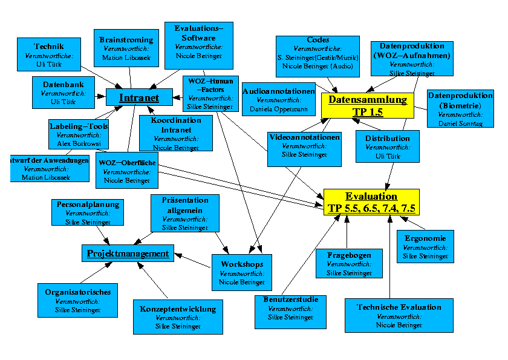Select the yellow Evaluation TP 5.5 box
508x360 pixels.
pos(371,202)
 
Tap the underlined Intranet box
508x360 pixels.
pos(139,97)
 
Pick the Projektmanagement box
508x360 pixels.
pos(128,254)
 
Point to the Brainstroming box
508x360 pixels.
pos(126,49)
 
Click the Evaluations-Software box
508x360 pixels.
pos(198,42)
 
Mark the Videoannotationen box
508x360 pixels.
pos(304,146)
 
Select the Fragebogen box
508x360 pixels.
pos(349,264)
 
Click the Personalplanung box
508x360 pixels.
pos(88,213)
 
